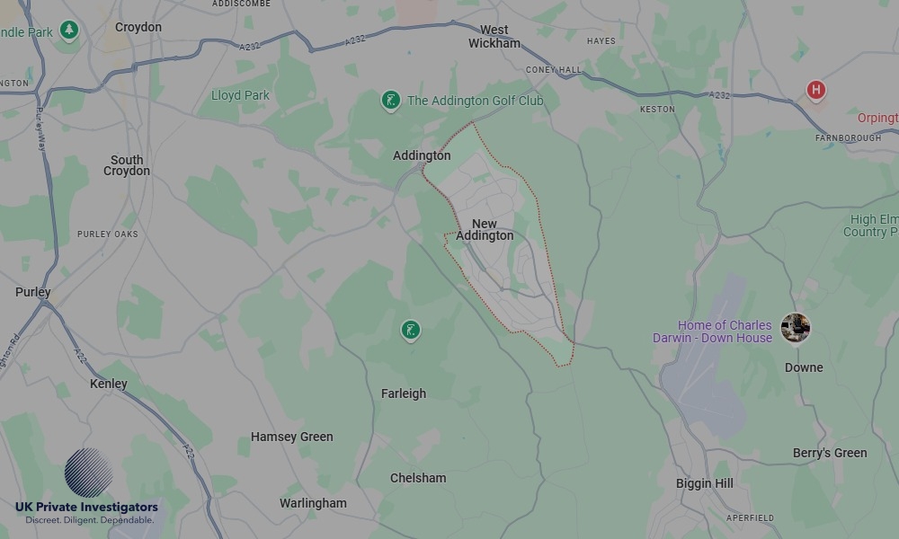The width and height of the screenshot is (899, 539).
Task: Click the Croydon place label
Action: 138,27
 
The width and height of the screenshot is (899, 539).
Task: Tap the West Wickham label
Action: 494,37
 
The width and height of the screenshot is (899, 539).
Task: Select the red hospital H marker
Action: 815,90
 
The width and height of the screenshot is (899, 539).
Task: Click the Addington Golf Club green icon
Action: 390,101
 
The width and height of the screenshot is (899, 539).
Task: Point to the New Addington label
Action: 485,230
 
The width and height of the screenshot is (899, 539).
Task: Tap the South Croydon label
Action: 127,165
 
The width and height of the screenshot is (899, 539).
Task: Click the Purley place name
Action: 33,292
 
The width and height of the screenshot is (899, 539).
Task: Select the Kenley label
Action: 109,384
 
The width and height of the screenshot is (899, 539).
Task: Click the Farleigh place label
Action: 404,393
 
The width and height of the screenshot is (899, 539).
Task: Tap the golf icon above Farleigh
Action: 410,331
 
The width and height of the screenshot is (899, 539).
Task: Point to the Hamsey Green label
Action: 291,437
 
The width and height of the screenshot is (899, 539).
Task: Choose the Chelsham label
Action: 418,478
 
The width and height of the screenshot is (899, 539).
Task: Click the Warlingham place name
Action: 313,503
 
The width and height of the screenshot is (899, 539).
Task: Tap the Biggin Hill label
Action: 705,483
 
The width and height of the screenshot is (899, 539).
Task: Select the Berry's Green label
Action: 830,453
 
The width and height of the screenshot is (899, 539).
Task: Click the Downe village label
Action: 804,367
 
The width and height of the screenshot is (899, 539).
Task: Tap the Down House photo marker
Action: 795,328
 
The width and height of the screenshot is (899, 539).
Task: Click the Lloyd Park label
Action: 240,95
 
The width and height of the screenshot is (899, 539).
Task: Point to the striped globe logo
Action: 88,473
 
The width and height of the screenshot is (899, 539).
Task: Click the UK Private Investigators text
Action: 86,508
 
